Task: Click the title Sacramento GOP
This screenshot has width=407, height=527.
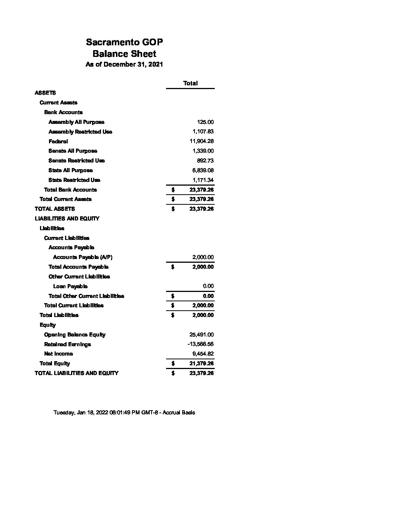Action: (124, 42)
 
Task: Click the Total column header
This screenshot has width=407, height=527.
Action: (190, 83)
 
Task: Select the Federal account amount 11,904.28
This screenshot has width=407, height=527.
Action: (202, 141)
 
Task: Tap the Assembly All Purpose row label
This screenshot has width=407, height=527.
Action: (76, 122)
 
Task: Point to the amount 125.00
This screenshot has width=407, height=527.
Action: (205, 122)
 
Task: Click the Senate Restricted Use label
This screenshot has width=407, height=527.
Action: (76, 161)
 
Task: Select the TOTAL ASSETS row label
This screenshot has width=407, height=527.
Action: (55, 209)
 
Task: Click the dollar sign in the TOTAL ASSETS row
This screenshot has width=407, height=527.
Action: (173, 209)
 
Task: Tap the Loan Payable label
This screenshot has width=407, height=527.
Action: (70, 286)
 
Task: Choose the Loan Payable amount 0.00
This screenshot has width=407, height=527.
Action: (208, 286)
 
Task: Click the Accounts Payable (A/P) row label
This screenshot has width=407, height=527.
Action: (83, 257)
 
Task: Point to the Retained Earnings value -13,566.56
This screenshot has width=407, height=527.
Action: (201, 344)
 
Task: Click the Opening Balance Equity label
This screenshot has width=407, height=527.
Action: (75, 335)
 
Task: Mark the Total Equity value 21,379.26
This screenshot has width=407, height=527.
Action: (202, 363)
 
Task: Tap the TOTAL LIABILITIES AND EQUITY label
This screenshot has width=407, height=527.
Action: (76, 373)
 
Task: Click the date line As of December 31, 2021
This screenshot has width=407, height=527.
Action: (124, 64)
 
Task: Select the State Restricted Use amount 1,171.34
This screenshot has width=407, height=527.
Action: (203, 180)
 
